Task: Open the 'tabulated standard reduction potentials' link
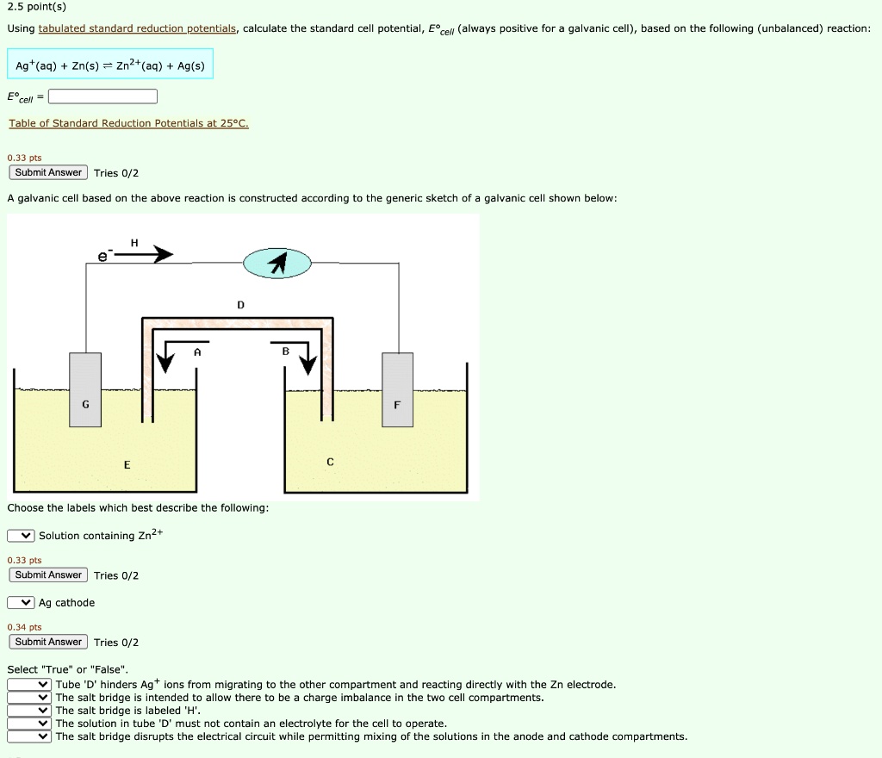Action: [x=138, y=29]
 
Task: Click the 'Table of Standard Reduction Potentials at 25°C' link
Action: [x=128, y=124]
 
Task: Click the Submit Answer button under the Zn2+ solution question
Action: [x=49, y=575]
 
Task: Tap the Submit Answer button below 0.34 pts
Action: [x=49, y=642]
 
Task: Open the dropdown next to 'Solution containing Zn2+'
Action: [x=22, y=536]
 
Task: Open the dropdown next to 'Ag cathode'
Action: [x=22, y=603]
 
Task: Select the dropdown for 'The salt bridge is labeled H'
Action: [x=30, y=711]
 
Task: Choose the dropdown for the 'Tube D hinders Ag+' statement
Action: [x=30, y=685]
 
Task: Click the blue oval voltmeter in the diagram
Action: [x=276, y=264]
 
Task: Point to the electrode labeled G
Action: [x=85, y=390]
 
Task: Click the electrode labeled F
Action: [x=397, y=390]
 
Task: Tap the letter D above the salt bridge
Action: [x=240, y=305]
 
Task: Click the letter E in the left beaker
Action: [x=127, y=465]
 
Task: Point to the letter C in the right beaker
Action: [x=330, y=463]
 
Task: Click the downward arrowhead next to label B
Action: [x=307, y=365]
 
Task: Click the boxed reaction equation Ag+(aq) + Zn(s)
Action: [x=110, y=65]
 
